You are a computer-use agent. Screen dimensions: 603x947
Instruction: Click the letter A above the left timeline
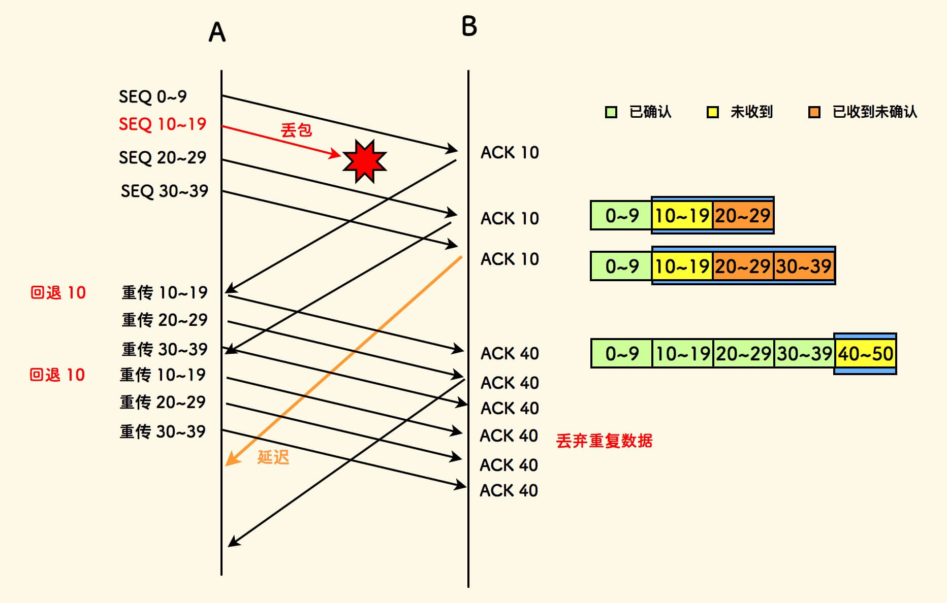(217, 32)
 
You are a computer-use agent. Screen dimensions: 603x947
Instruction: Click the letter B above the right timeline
(469, 26)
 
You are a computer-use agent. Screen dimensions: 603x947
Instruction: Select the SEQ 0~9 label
(152, 96)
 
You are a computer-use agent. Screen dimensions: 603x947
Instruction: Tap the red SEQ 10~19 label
(162, 124)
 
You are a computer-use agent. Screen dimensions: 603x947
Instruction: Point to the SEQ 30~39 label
(164, 191)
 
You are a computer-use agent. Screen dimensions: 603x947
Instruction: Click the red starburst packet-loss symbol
(364, 161)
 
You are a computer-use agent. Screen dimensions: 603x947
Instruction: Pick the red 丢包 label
(296, 130)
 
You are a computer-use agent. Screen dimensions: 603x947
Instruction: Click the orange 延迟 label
(273, 457)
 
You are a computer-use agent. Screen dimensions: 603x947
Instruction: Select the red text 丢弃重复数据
(604, 441)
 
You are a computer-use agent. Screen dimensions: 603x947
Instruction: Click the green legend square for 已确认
(611, 112)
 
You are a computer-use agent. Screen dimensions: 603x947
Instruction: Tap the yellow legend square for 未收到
(713, 112)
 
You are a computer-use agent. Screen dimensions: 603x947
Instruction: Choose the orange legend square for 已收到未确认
(814, 112)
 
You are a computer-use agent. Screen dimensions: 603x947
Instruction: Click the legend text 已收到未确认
(874, 112)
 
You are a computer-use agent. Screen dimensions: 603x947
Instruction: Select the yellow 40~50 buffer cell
(865, 354)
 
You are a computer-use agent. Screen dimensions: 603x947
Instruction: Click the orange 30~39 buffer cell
(804, 266)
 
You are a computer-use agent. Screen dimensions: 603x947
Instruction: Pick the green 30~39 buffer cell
(804, 354)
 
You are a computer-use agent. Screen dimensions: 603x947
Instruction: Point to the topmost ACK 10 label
(510, 152)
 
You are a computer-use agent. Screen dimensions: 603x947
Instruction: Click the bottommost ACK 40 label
(509, 490)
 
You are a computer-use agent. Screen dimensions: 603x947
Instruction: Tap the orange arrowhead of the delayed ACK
(231, 459)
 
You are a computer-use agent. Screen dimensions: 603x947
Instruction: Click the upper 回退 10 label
(58, 293)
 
